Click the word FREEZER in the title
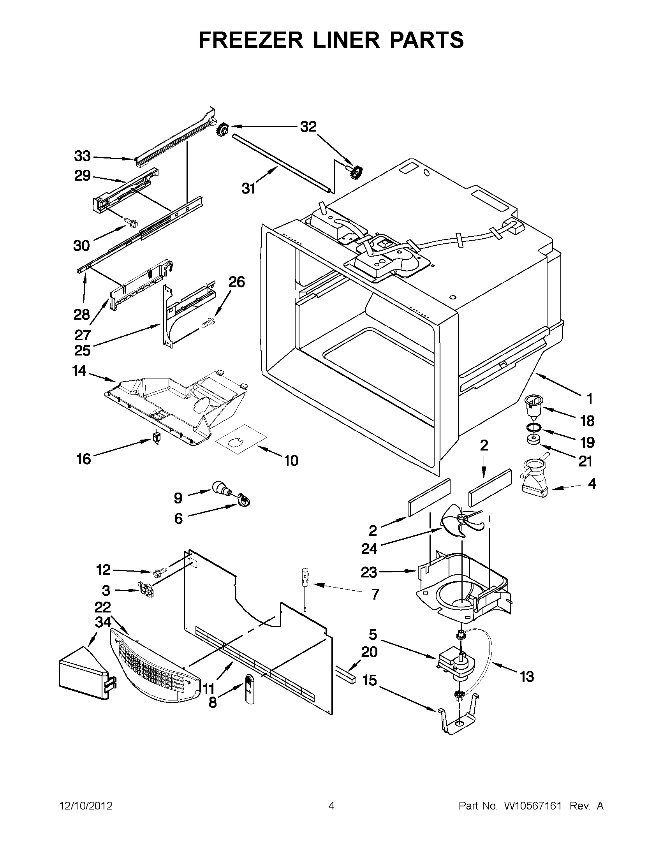coord(250,40)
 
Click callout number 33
coord(83,157)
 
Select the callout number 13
coord(526,676)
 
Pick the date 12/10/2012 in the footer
coord(86,806)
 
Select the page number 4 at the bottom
coord(331,806)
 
